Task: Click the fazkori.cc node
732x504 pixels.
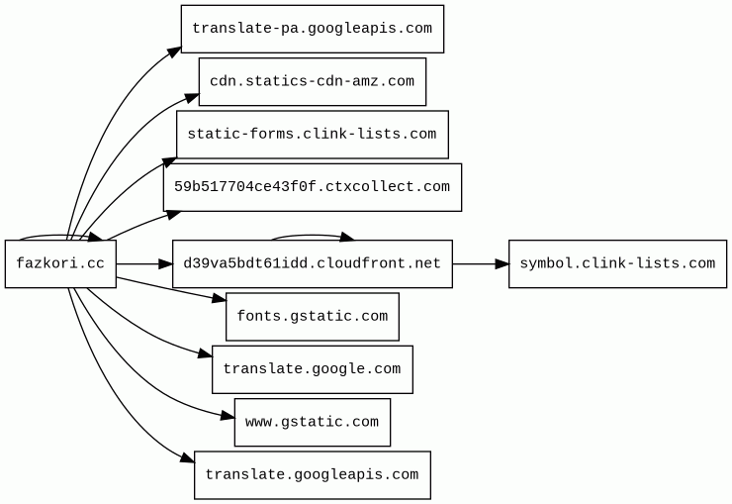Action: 60,264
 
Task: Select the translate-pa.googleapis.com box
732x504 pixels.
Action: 313,29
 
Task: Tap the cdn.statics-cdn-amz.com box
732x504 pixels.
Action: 313,82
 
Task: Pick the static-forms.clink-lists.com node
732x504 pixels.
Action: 313,135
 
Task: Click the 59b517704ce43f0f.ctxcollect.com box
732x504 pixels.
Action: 313,187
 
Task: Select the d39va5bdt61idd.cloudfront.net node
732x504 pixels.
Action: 313,264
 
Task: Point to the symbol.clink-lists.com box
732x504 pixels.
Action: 617,264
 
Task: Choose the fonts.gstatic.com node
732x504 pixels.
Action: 313,317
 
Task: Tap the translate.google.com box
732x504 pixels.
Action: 313,369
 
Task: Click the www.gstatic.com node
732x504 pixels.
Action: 313,422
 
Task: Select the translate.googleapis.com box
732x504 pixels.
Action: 313,475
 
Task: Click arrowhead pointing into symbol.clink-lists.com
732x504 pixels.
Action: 503,264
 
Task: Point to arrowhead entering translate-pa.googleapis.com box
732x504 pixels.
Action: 175,51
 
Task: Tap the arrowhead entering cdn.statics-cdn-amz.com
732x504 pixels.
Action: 192,98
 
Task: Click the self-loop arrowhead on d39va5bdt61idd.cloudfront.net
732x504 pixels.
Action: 347,238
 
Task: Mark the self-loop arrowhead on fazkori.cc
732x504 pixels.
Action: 95,238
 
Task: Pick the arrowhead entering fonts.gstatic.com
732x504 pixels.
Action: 220,298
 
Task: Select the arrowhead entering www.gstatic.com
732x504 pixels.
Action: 228,416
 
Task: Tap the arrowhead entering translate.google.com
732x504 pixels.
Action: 206,353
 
